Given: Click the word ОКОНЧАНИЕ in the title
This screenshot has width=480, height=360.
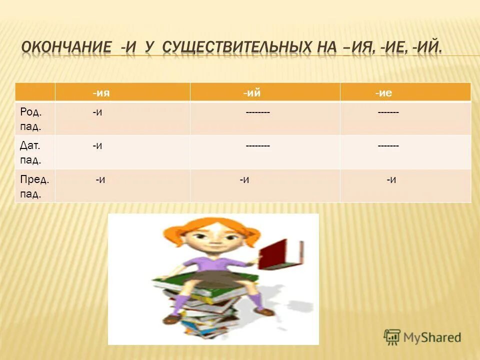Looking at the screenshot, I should coord(66,48).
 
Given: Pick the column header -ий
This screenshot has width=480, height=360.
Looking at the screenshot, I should coord(252,92).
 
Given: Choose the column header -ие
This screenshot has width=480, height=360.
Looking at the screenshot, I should coord(387,92).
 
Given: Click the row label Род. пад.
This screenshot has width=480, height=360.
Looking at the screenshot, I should coord(30,118).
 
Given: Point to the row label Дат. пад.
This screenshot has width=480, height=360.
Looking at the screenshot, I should coord(30,152).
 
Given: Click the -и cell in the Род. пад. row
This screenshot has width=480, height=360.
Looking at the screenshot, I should coord(97,113).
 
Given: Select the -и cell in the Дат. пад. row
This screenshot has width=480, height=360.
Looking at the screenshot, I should coord(97,146).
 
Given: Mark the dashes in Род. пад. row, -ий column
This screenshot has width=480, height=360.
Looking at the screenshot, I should coord(258,113).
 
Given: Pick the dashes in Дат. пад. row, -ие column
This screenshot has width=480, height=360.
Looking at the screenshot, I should coord(388,146).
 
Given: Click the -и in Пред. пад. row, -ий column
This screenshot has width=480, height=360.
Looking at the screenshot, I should coord(244,179).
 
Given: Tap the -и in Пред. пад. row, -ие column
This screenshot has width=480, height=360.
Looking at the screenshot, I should coord(391,179).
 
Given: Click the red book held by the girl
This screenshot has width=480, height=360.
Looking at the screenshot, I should coord(283,254).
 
